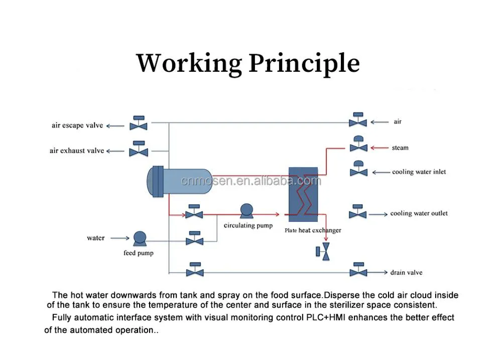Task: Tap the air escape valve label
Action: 77,126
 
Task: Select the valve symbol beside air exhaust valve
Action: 139,149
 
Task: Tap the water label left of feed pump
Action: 96,238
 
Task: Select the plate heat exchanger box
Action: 303,194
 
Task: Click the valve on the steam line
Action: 358,145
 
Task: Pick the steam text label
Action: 400,148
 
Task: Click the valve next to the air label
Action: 358,121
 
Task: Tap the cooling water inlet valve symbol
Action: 358,170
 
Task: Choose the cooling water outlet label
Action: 419,213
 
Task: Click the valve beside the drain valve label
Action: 358,270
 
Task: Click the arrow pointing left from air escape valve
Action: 115,126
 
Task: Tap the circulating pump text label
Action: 248,225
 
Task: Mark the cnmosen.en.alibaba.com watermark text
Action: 250,181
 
